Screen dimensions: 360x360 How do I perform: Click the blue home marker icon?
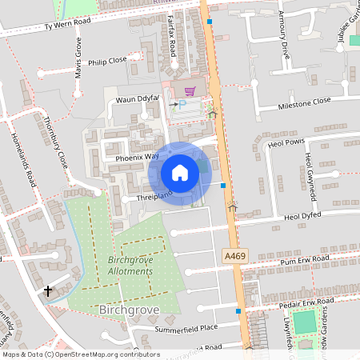(x=180, y=173)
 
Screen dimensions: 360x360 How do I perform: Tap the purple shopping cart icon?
(x=190, y=91)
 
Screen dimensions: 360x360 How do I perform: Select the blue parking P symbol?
(x=182, y=105)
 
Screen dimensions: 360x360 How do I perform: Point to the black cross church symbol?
(x=49, y=290)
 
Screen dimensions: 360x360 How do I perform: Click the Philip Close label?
(x=107, y=60)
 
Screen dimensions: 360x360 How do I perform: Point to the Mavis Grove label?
(x=78, y=56)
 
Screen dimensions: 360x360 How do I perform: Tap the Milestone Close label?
(x=304, y=102)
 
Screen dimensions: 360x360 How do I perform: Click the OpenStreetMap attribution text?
(x=81, y=354)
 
